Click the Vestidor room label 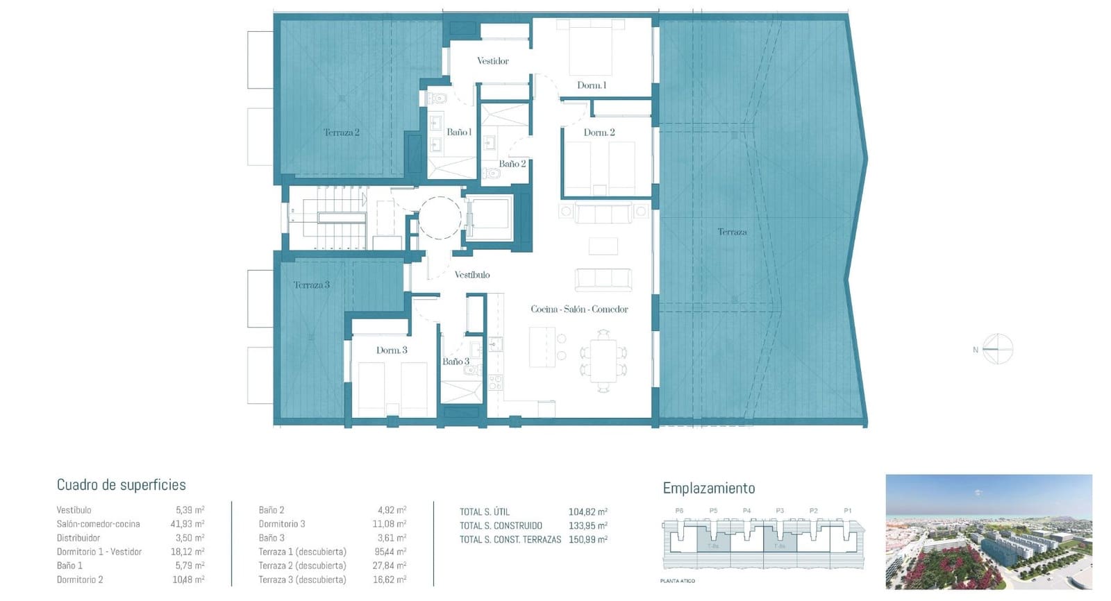coord(492,61)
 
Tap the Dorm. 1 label coord(592,85)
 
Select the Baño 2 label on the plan coord(512,164)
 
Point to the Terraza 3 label coord(311,285)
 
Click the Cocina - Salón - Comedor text coord(579,310)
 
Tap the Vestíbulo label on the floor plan coord(472,275)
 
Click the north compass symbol coord(997,349)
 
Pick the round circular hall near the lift coord(440,218)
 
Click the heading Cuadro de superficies coord(121,485)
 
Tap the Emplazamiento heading coord(708,488)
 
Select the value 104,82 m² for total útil coord(587,512)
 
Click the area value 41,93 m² coord(187,524)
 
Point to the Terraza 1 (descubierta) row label coord(302,552)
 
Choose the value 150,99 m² coord(587,539)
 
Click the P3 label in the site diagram coord(780,511)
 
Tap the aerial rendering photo coord(988,532)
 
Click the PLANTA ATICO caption coord(677,581)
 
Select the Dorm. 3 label coord(392,350)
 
